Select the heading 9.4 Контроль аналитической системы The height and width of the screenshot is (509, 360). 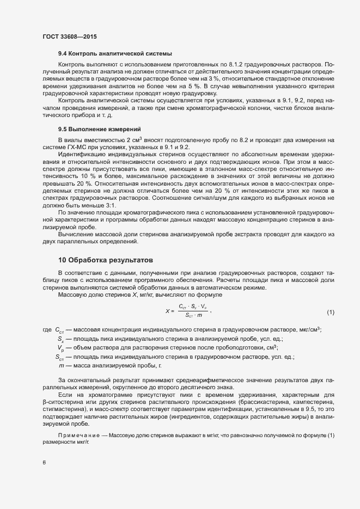(115, 54)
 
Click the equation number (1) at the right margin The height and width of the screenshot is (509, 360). (330, 312)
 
